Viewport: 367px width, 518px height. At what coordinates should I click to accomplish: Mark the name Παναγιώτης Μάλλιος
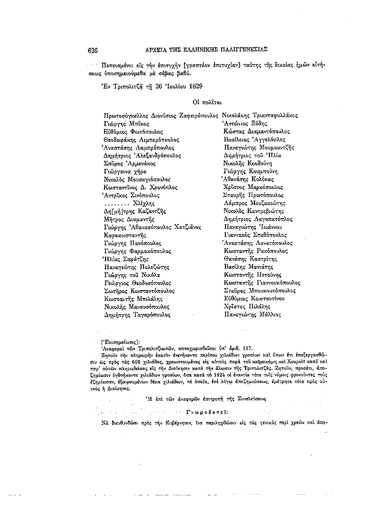pyautogui.click(x=252, y=314)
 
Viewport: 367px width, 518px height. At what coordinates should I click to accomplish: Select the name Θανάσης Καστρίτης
pyautogui.click(x=250, y=259)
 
